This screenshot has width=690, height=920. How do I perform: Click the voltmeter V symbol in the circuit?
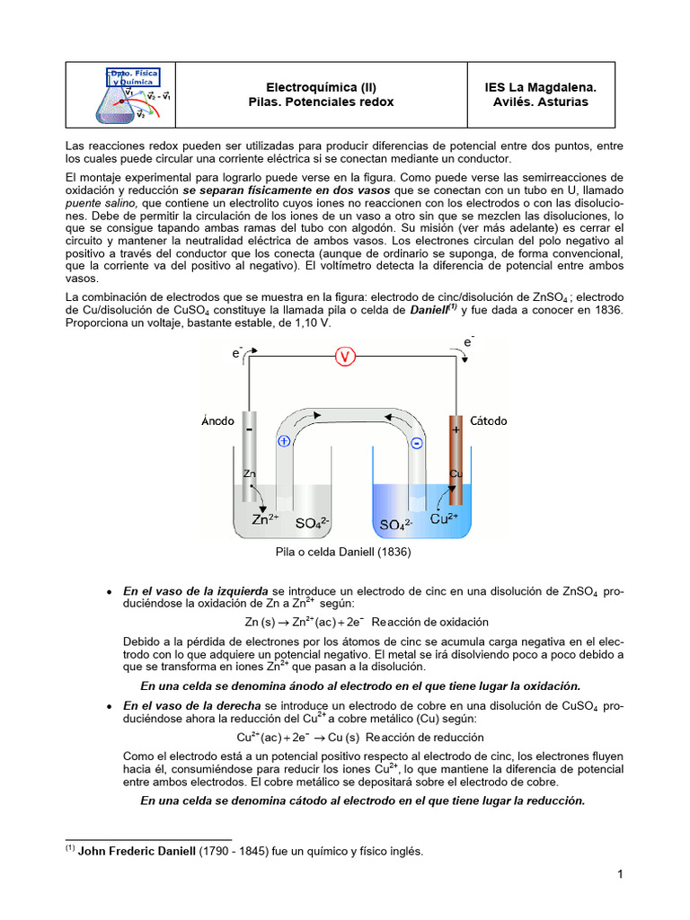click(346, 357)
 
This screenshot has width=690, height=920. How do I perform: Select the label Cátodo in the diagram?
click(489, 420)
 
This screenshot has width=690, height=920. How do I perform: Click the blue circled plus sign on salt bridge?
click(284, 441)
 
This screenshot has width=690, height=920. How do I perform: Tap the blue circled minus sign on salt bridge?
click(416, 444)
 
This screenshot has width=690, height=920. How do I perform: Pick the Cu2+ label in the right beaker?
click(445, 518)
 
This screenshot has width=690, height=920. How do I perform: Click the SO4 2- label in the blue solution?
click(396, 524)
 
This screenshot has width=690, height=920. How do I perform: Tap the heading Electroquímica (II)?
click(321, 87)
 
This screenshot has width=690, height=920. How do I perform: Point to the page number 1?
click(620, 874)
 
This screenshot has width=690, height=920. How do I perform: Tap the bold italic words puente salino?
click(101, 204)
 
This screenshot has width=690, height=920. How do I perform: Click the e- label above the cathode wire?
click(468, 341)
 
